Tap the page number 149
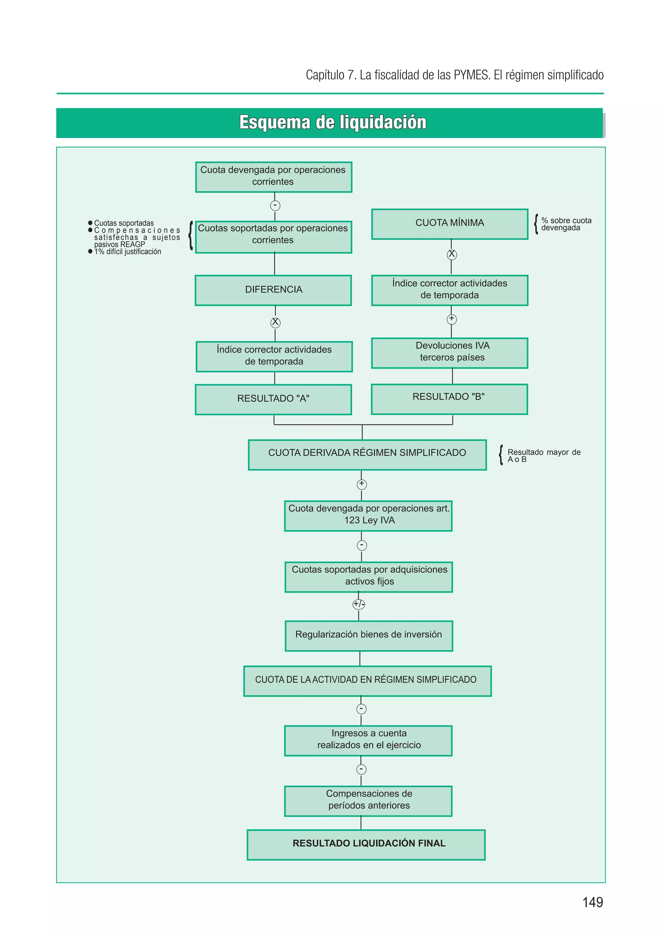click(x=592, y=902)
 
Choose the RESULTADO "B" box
click(x=449, y=399)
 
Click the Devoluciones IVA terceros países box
click(x=449, y=353)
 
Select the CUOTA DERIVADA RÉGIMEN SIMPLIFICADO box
click(x=367, y=454)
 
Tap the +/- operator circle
click(x=358, y=604)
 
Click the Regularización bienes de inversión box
click(x=368, y=636)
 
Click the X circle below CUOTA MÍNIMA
click(x=451, y=254)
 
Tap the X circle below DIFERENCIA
click(x=275, y=322)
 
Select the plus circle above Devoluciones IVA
click(x=451, y=319)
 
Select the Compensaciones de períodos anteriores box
click(x=368, y=800)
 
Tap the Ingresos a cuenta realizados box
click(x=368, y=740)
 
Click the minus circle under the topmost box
click(x=275, y=205)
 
